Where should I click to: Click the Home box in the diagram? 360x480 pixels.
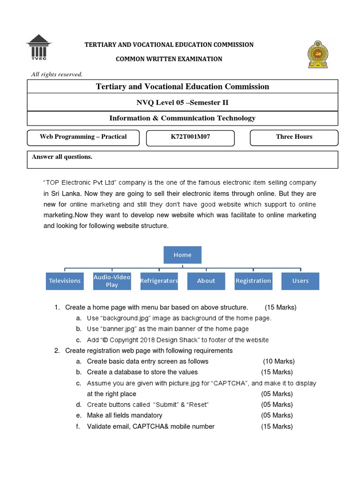click(x=182, y=255)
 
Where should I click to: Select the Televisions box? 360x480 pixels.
click(x=65, y=281)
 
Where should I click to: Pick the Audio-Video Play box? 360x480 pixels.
click(x=112, y=281)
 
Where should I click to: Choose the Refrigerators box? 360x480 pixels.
click(x=159, y=281)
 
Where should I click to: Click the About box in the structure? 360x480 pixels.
click(x=206, y=281)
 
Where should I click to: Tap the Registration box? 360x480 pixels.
click(x=253, y=281)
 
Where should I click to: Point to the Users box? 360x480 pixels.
click(x=300, y=281)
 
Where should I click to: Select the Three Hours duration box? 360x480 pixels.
click(x=294, y=137)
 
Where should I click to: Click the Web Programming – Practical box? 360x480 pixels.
click(x=83, y=137)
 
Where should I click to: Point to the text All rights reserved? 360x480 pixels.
click(x=57, y=74)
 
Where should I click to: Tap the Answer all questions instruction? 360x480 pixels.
click(x=62, y=157)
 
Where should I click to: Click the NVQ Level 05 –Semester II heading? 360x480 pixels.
click(x=182, y=103)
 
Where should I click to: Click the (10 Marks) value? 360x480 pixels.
click(x=278, y=361)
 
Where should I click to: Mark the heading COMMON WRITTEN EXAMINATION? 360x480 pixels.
click(x=169, y=59)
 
